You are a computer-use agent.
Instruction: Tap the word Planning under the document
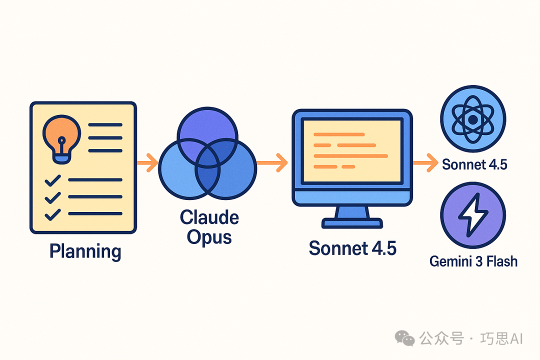coord(85,251)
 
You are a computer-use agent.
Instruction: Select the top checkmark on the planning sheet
coord(52,180)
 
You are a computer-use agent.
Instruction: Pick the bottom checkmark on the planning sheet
coord(52,215)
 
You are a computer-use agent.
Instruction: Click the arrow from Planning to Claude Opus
coord(147,163)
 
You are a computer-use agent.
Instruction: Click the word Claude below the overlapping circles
coord(209,217)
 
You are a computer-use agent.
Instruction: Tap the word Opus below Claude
coord(209,237)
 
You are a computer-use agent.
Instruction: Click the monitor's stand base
coord(352,223)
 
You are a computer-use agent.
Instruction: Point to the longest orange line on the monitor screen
coord(350,156)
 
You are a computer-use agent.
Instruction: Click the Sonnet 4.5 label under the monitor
coord(352,248)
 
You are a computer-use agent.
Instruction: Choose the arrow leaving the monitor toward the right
coord(425,163)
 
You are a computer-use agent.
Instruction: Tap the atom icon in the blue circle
coord(473,119)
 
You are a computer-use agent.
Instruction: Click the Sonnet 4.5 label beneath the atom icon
coord(474,164)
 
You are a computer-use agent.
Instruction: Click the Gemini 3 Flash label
coord(473,261)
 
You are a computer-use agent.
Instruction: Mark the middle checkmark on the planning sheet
coord(52,197)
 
